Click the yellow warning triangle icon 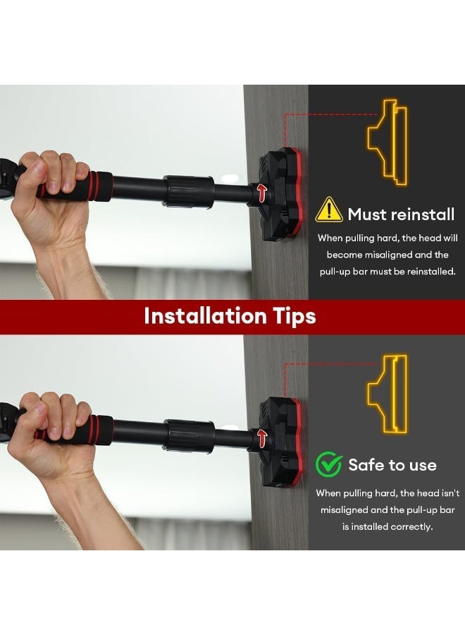pyautogui.click(x=329, y=210)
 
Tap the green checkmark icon pyautogui.click(x=329, y=464)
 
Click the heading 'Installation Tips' pyautogui.click(x=230, y=316)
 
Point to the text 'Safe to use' pyautogui.click(x=392, y=465)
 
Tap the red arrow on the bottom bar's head pyautogui.click(x=263, y=437)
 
